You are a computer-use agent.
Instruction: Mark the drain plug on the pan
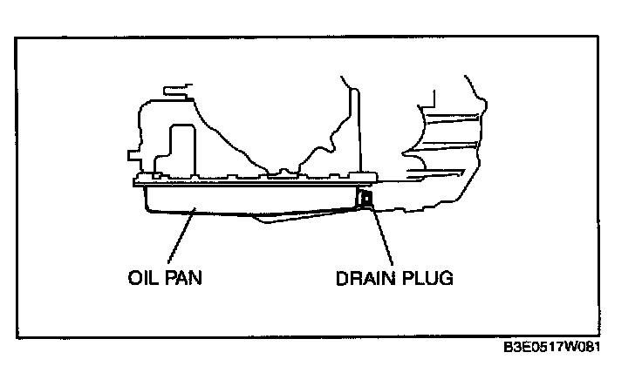[x=365, y=202]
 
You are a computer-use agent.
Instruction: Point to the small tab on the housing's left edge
[x=132, y=157]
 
